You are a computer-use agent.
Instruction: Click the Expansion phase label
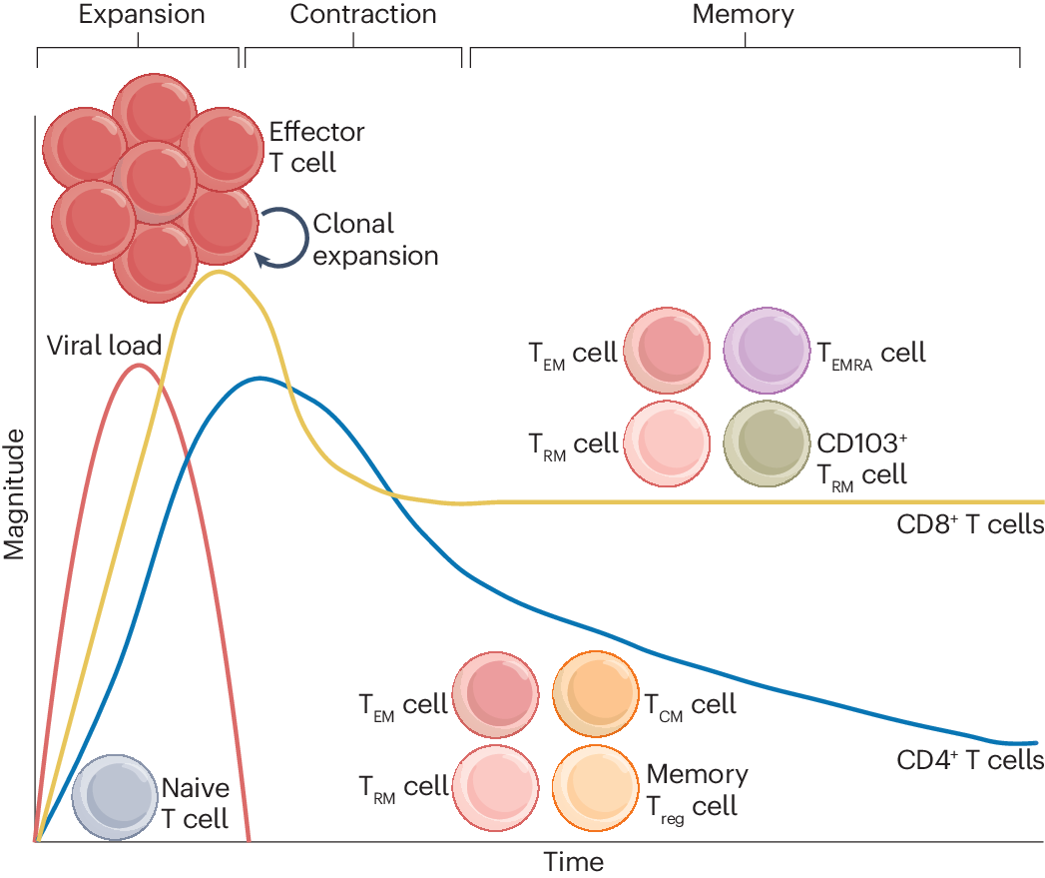pos(141,15)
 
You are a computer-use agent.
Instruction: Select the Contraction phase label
pos(363,15)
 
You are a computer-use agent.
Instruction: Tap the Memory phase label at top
pos(743,15)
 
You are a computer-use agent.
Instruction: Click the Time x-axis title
pos(573,861)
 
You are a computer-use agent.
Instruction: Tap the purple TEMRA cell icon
pos(766,352)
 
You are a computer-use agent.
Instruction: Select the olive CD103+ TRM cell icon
pos(766,443)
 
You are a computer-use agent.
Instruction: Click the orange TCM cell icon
pos(595,695)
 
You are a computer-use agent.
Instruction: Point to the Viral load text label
pos(104,346)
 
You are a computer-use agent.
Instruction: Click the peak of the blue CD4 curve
pos(261,378)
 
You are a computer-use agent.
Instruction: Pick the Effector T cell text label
pos(316,147)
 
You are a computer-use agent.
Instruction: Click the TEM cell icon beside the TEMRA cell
pos(667,352)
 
